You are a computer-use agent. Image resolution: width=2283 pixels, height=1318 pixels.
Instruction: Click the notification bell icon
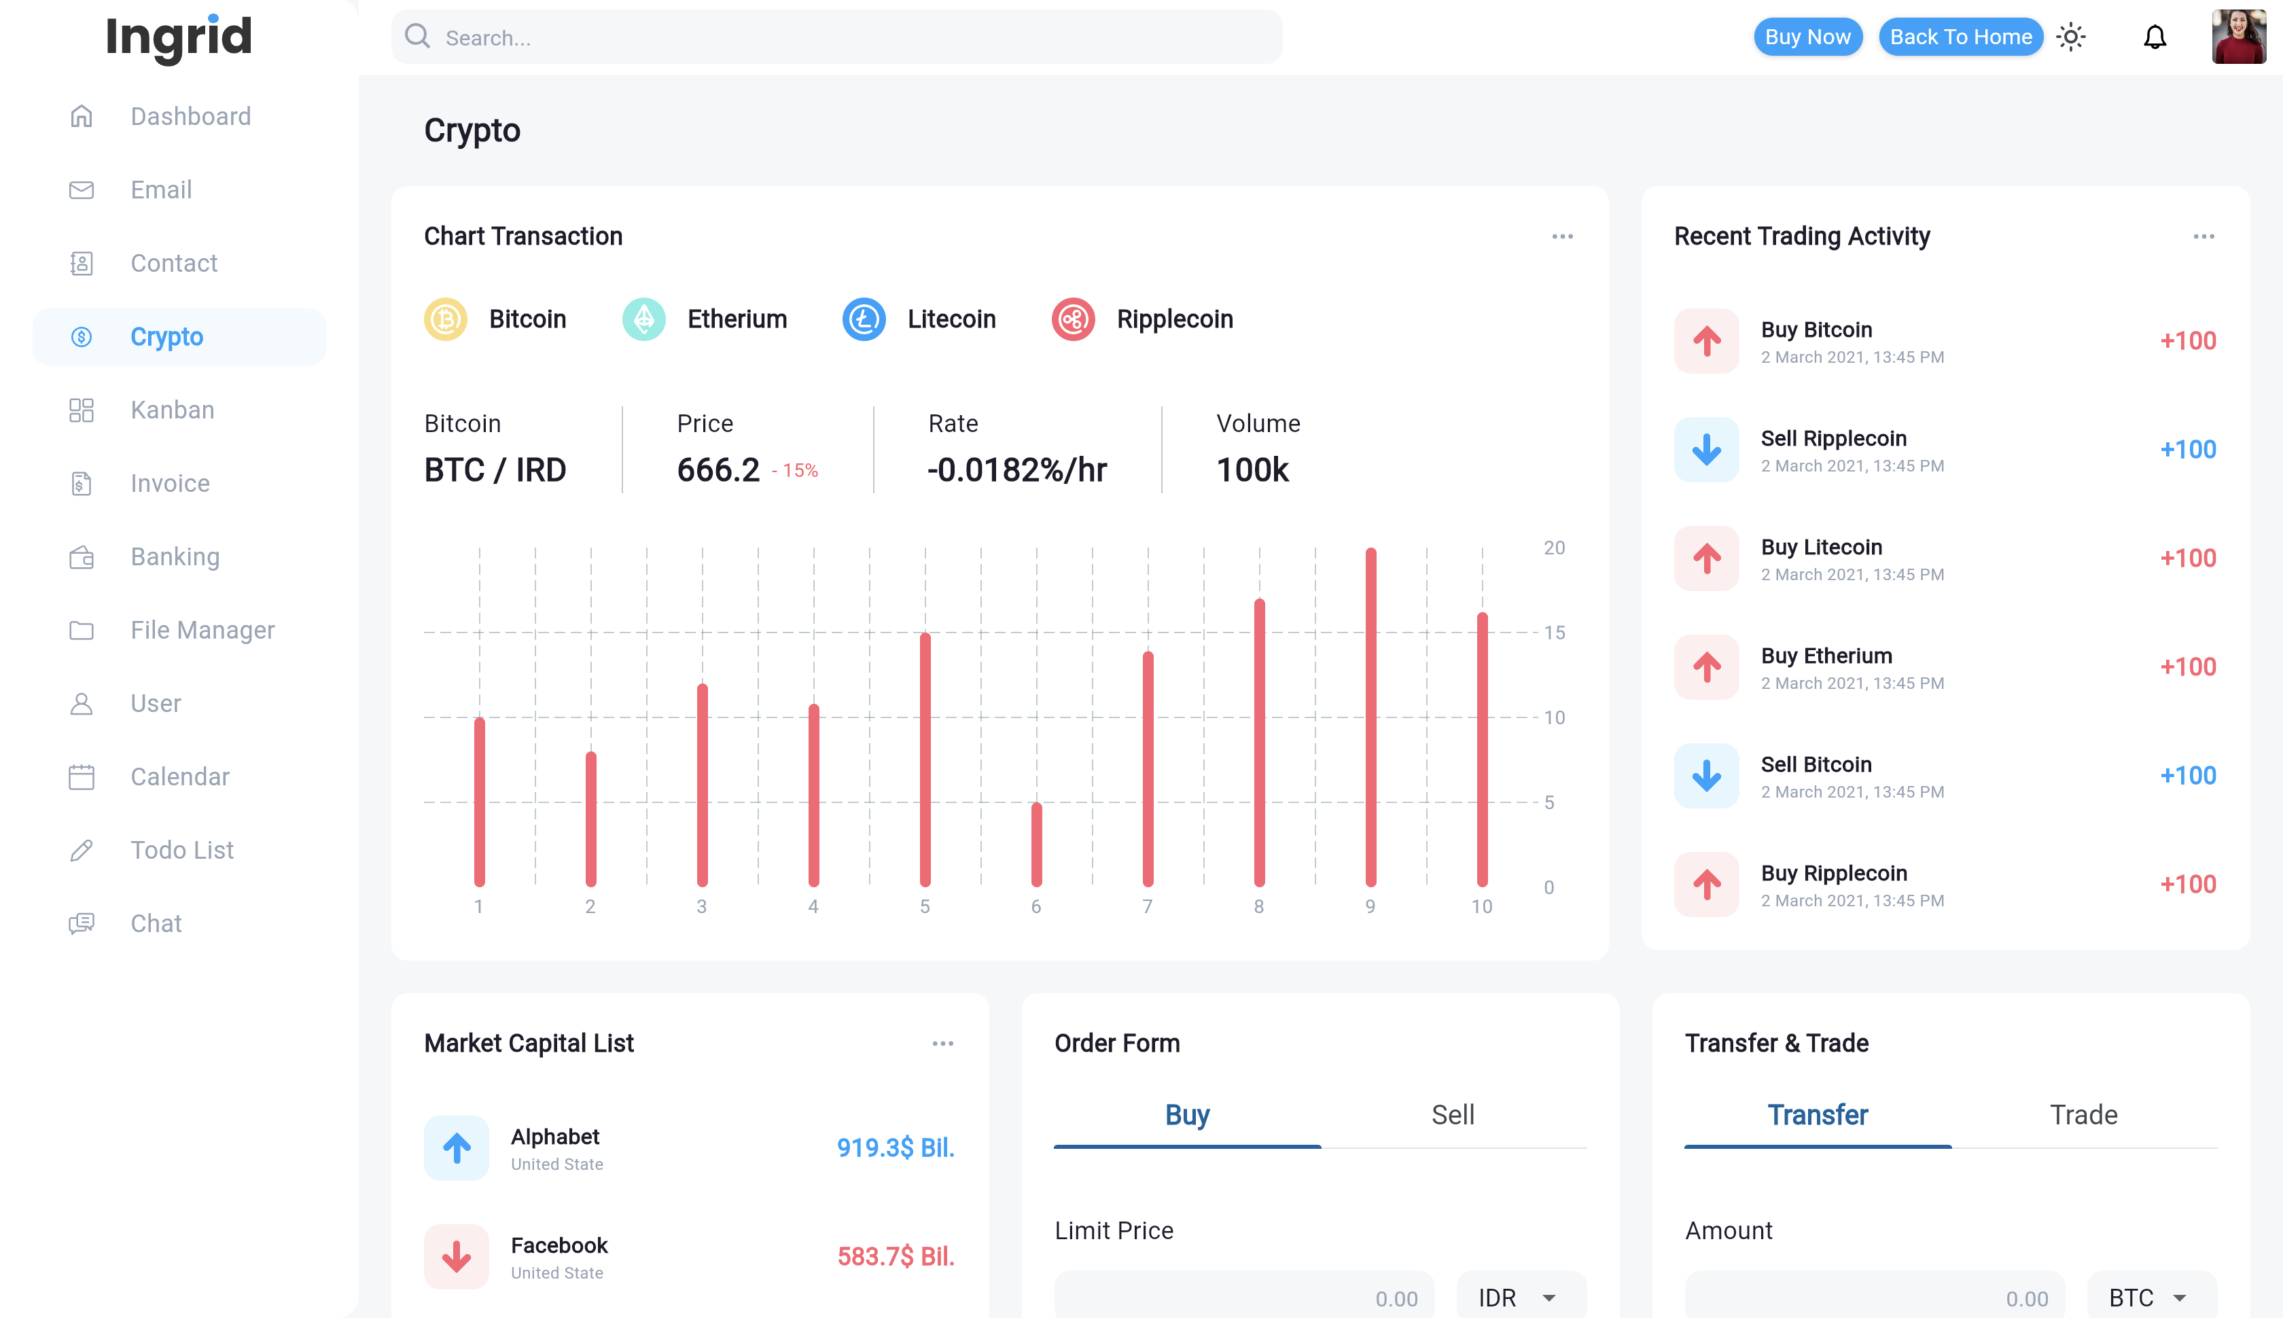2155,37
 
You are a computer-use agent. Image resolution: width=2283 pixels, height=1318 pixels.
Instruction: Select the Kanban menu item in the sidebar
172,410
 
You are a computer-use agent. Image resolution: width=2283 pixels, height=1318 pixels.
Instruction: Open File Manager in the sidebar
202,630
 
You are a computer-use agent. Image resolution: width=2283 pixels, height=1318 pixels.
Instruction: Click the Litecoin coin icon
864,319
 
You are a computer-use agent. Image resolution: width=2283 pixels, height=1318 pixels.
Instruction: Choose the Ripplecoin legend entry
1142,319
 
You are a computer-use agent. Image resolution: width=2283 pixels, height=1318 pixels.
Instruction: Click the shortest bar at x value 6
1036,844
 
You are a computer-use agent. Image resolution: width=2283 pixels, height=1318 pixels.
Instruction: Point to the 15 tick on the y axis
1555,633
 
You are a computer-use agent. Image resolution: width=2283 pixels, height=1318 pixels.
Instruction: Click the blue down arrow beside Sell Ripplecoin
1706,450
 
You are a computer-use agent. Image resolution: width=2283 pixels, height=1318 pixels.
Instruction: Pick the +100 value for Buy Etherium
2187,667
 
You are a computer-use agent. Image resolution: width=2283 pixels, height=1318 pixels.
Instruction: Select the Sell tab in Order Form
1452,1116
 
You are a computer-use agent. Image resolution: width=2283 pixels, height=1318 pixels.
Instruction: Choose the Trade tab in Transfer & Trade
2083,1116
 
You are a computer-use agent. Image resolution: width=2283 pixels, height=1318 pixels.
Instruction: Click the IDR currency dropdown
1519,1297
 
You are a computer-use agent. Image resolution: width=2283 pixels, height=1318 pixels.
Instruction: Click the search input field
836,37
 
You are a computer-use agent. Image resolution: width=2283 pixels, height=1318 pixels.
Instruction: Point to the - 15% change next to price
795,471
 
